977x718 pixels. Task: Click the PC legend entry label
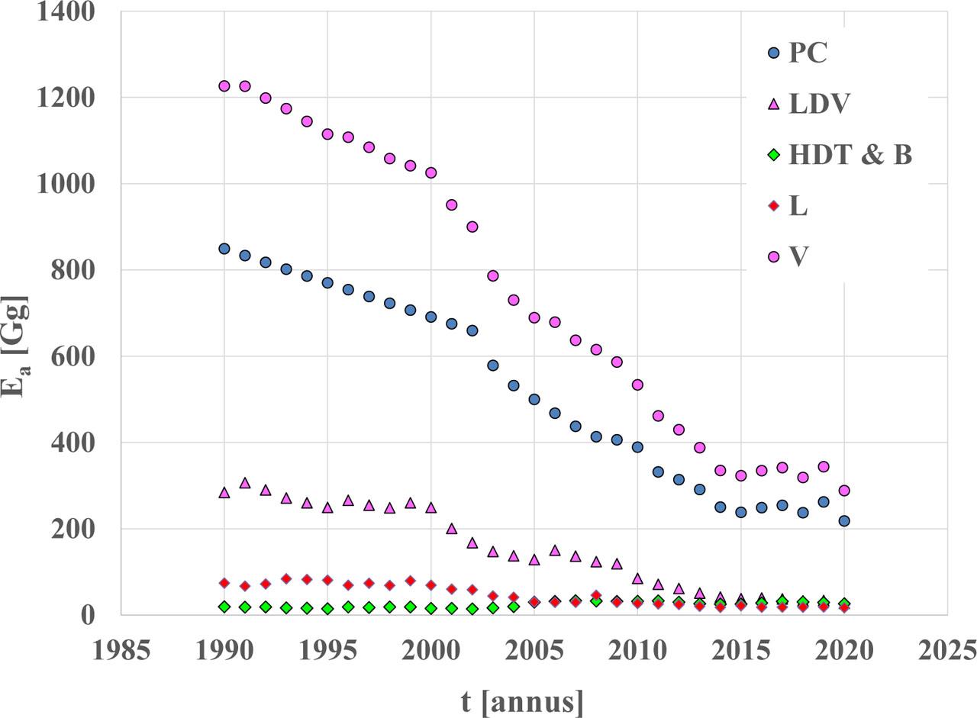point(808,53)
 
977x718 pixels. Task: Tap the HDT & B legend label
point(850,155)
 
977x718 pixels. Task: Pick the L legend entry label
point(798,206)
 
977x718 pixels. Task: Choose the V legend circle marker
point(773,257)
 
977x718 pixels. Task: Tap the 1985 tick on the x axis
point(121,651)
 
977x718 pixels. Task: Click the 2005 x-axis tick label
point(534,651)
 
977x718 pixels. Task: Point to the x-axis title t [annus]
point(522,700)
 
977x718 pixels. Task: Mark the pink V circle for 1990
point(224,86)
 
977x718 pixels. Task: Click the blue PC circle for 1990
point(224,249)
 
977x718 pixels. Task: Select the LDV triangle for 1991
point(245,483)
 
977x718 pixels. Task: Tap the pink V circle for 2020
point(844,491)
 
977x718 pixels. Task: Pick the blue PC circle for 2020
point(844,521)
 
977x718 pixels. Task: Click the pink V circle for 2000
point(431,173)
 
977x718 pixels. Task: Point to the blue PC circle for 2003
point(493,365)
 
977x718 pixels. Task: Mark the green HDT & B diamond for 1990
point(224,607)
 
